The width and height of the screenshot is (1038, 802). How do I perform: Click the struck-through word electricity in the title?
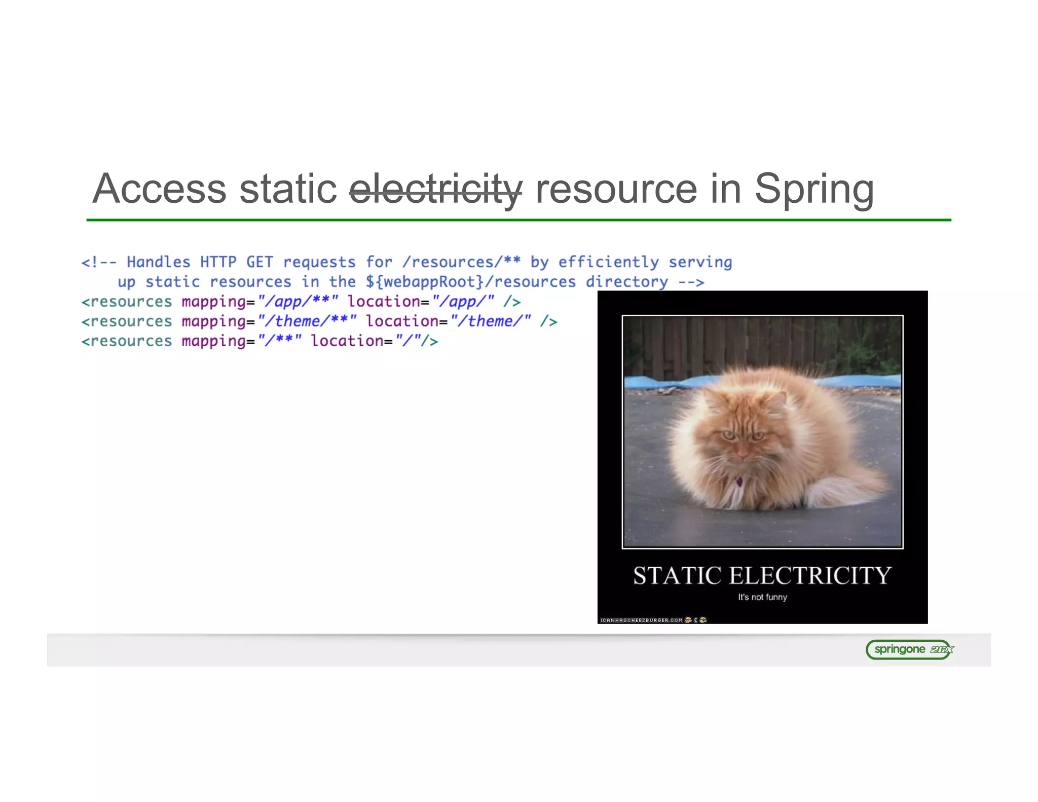coord(435,189)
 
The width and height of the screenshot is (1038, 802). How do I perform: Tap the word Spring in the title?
coord(814,189)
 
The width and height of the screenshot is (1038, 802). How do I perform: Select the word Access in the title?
coord(159,189)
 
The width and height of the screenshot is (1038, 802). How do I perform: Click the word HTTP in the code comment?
coord(218,262)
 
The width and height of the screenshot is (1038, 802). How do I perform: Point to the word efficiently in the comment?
coord(608,262)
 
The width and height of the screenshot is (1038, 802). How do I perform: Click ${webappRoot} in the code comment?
coord(424,282)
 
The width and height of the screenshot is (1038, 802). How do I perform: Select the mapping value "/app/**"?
coord(298,302)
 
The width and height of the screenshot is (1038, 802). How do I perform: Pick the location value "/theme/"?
coord(491,321)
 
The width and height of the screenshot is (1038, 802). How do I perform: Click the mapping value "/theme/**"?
coord(307,321)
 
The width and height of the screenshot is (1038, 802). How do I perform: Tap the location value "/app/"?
coord(463,302)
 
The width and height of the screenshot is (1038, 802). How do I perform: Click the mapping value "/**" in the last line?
coord(279,341)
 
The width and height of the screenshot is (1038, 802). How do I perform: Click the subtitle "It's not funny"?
coord(762,597)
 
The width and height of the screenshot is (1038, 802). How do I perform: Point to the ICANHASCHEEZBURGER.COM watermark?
coord(642,620)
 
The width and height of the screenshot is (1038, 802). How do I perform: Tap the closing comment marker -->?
coord(691,282)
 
